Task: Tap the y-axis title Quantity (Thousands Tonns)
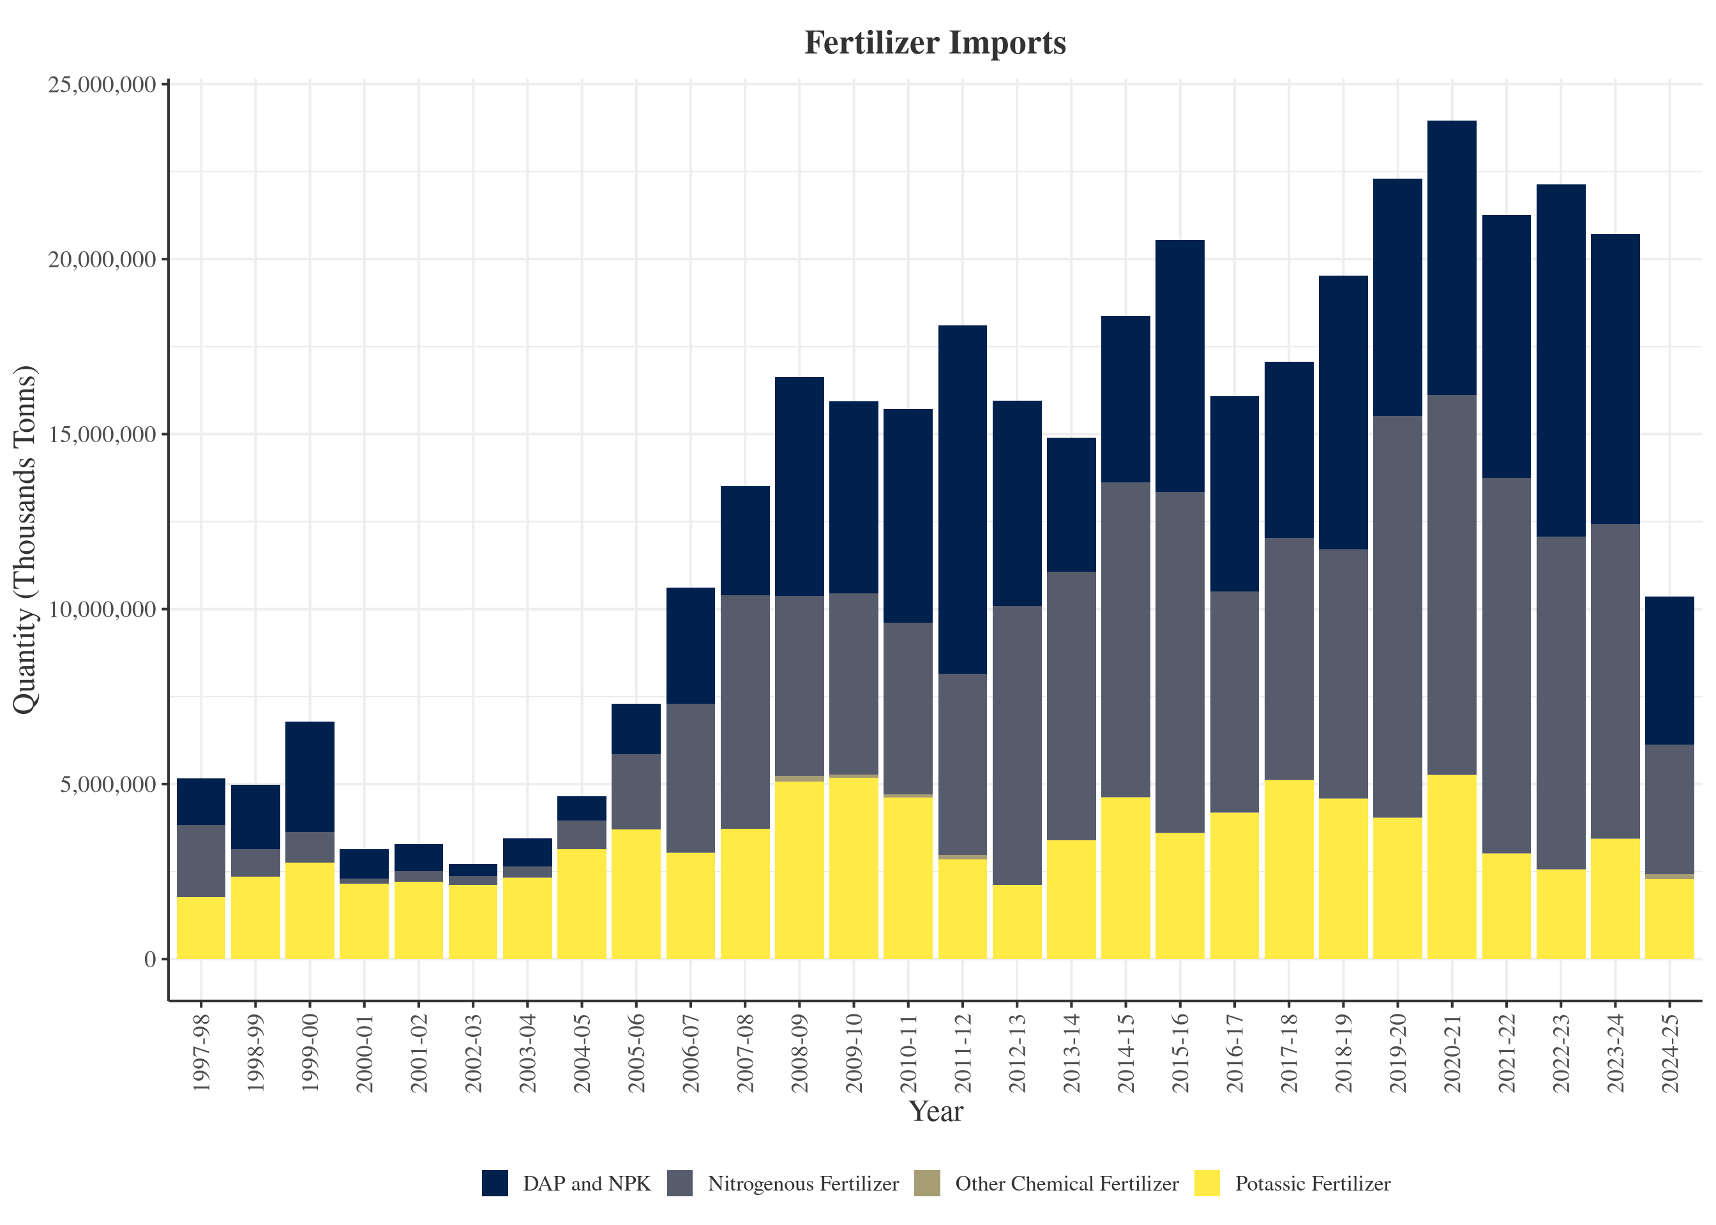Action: coord(25,539)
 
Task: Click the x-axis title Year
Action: coord(936,1111)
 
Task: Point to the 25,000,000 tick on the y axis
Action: coord(103,84)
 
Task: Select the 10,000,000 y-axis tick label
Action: coord(103,609)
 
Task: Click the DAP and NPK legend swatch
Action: coord(495,1184)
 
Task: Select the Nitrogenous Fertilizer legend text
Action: coord(803,1184)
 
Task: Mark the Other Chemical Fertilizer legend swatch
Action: coord(927,1184)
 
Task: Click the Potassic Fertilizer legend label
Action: coord(1313,1184)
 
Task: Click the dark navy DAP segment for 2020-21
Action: coord(1452,257)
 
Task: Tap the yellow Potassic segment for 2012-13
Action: coord(1016,922)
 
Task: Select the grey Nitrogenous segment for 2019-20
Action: coord(1397,616)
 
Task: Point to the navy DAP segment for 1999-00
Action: coord(310,777)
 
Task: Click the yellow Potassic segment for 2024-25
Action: coord(1669,919)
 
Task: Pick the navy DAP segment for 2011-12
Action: coord(962,500)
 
